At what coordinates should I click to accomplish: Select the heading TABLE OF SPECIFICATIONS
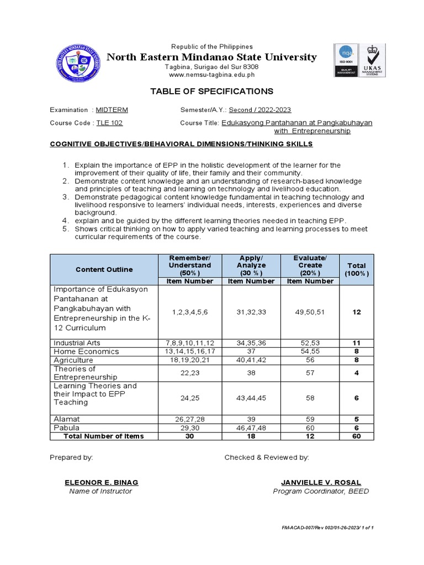click(211, 91)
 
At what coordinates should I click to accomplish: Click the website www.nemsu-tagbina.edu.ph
click(211, 74)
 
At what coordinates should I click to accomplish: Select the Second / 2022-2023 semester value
click(260, 110)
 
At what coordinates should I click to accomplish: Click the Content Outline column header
click(104, 269)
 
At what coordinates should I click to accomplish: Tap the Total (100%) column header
click(357, 269)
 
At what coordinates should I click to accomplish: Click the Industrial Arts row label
click(77, 343)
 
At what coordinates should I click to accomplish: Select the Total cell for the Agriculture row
click(357, 359)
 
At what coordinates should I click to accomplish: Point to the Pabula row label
click(66, 428)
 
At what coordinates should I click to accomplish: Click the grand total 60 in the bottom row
click(357, 436)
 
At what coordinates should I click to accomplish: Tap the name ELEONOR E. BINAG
click(101, 482)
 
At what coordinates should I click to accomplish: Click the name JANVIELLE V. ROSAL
click(321, 482)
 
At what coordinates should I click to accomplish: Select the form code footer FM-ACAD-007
click(327, 528)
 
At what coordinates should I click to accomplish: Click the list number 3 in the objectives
click(65, 197)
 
